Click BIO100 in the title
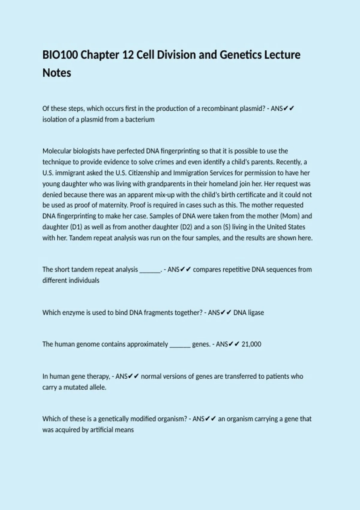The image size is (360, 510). [x=60, y=55]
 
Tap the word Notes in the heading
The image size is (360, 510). [x=57, y=73]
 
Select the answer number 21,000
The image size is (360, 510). [x=251, y=344]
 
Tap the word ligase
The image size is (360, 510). [x=256, y=313]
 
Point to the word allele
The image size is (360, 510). [x=98, y=387]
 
